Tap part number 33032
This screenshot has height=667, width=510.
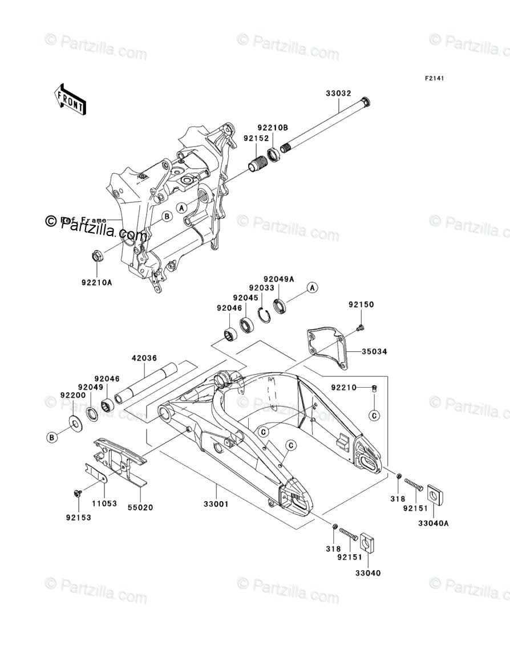pyautogui.click(x=339, y=93)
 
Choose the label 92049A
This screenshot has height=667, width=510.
pyautogui.click(x=278, y=279)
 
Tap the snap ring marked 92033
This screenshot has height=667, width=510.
pyautogui.click(x=264, y=315)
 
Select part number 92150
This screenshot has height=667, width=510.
pyautogui.click(x=361, y=304)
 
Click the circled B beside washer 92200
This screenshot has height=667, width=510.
pyautogui.click(x=52, y=437)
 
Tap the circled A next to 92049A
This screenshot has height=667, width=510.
pyautogui.click(x=312, y=288)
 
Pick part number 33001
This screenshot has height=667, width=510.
pyautogui.click(x=217, y=505)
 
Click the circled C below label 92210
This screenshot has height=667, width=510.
pyautogui.click(x=374, y=415)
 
